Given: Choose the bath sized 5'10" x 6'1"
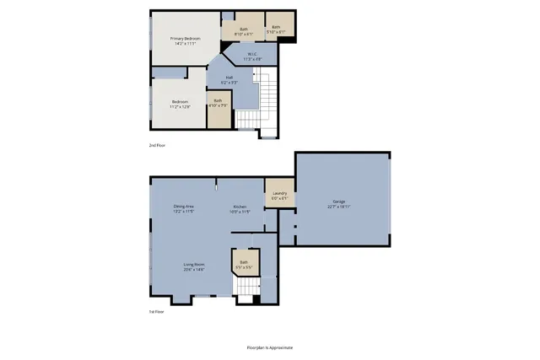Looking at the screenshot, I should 276,30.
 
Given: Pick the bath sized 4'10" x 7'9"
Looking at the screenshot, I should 219,103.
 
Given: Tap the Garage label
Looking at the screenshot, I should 339,201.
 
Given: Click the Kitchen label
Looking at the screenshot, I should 240,207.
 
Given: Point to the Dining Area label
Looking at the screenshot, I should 184,207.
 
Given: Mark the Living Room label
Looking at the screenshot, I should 195,265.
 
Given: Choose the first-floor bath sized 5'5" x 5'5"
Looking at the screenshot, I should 244,264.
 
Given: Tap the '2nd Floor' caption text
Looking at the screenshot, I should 157,146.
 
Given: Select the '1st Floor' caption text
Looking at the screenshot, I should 157,311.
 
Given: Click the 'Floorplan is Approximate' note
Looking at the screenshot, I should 269,347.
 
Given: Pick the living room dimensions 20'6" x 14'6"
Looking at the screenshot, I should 195,270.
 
